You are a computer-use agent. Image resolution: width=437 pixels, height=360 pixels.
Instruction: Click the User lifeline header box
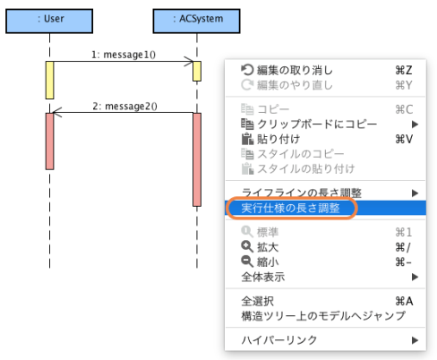click(50, 17)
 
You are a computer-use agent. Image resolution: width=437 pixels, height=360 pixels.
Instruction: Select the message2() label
click(124, 106)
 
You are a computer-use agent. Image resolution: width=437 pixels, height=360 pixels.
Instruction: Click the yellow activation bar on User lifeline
click(50, 80)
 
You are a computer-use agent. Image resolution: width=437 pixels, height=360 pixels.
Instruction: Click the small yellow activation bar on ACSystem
click(196, 70)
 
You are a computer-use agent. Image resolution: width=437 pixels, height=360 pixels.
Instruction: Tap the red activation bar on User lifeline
click(50, 141)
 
